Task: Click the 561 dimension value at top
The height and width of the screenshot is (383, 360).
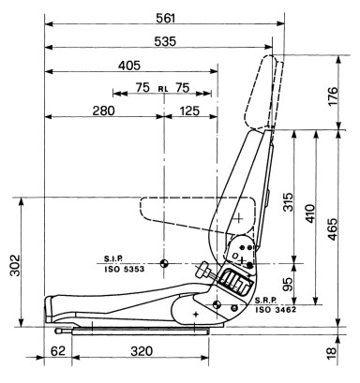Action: click(x=166, y=19)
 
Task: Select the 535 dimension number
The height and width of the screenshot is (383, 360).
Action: click(x=165, y=41)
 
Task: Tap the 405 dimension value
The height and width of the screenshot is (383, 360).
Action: click(x=129, y=66)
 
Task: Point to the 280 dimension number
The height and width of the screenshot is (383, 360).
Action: click(x=103, y=110)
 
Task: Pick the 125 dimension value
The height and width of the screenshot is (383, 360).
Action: click(x=189, y=110)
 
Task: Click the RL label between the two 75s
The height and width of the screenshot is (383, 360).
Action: click(x=163, y=89)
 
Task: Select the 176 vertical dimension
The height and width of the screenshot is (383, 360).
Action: click(x=333, y=96)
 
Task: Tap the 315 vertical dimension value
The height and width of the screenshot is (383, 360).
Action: click(x=289, y=202)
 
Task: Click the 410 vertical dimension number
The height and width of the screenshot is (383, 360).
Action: click(x=310, y=214)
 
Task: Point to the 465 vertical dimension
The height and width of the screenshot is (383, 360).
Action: click(x=333, y=228)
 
